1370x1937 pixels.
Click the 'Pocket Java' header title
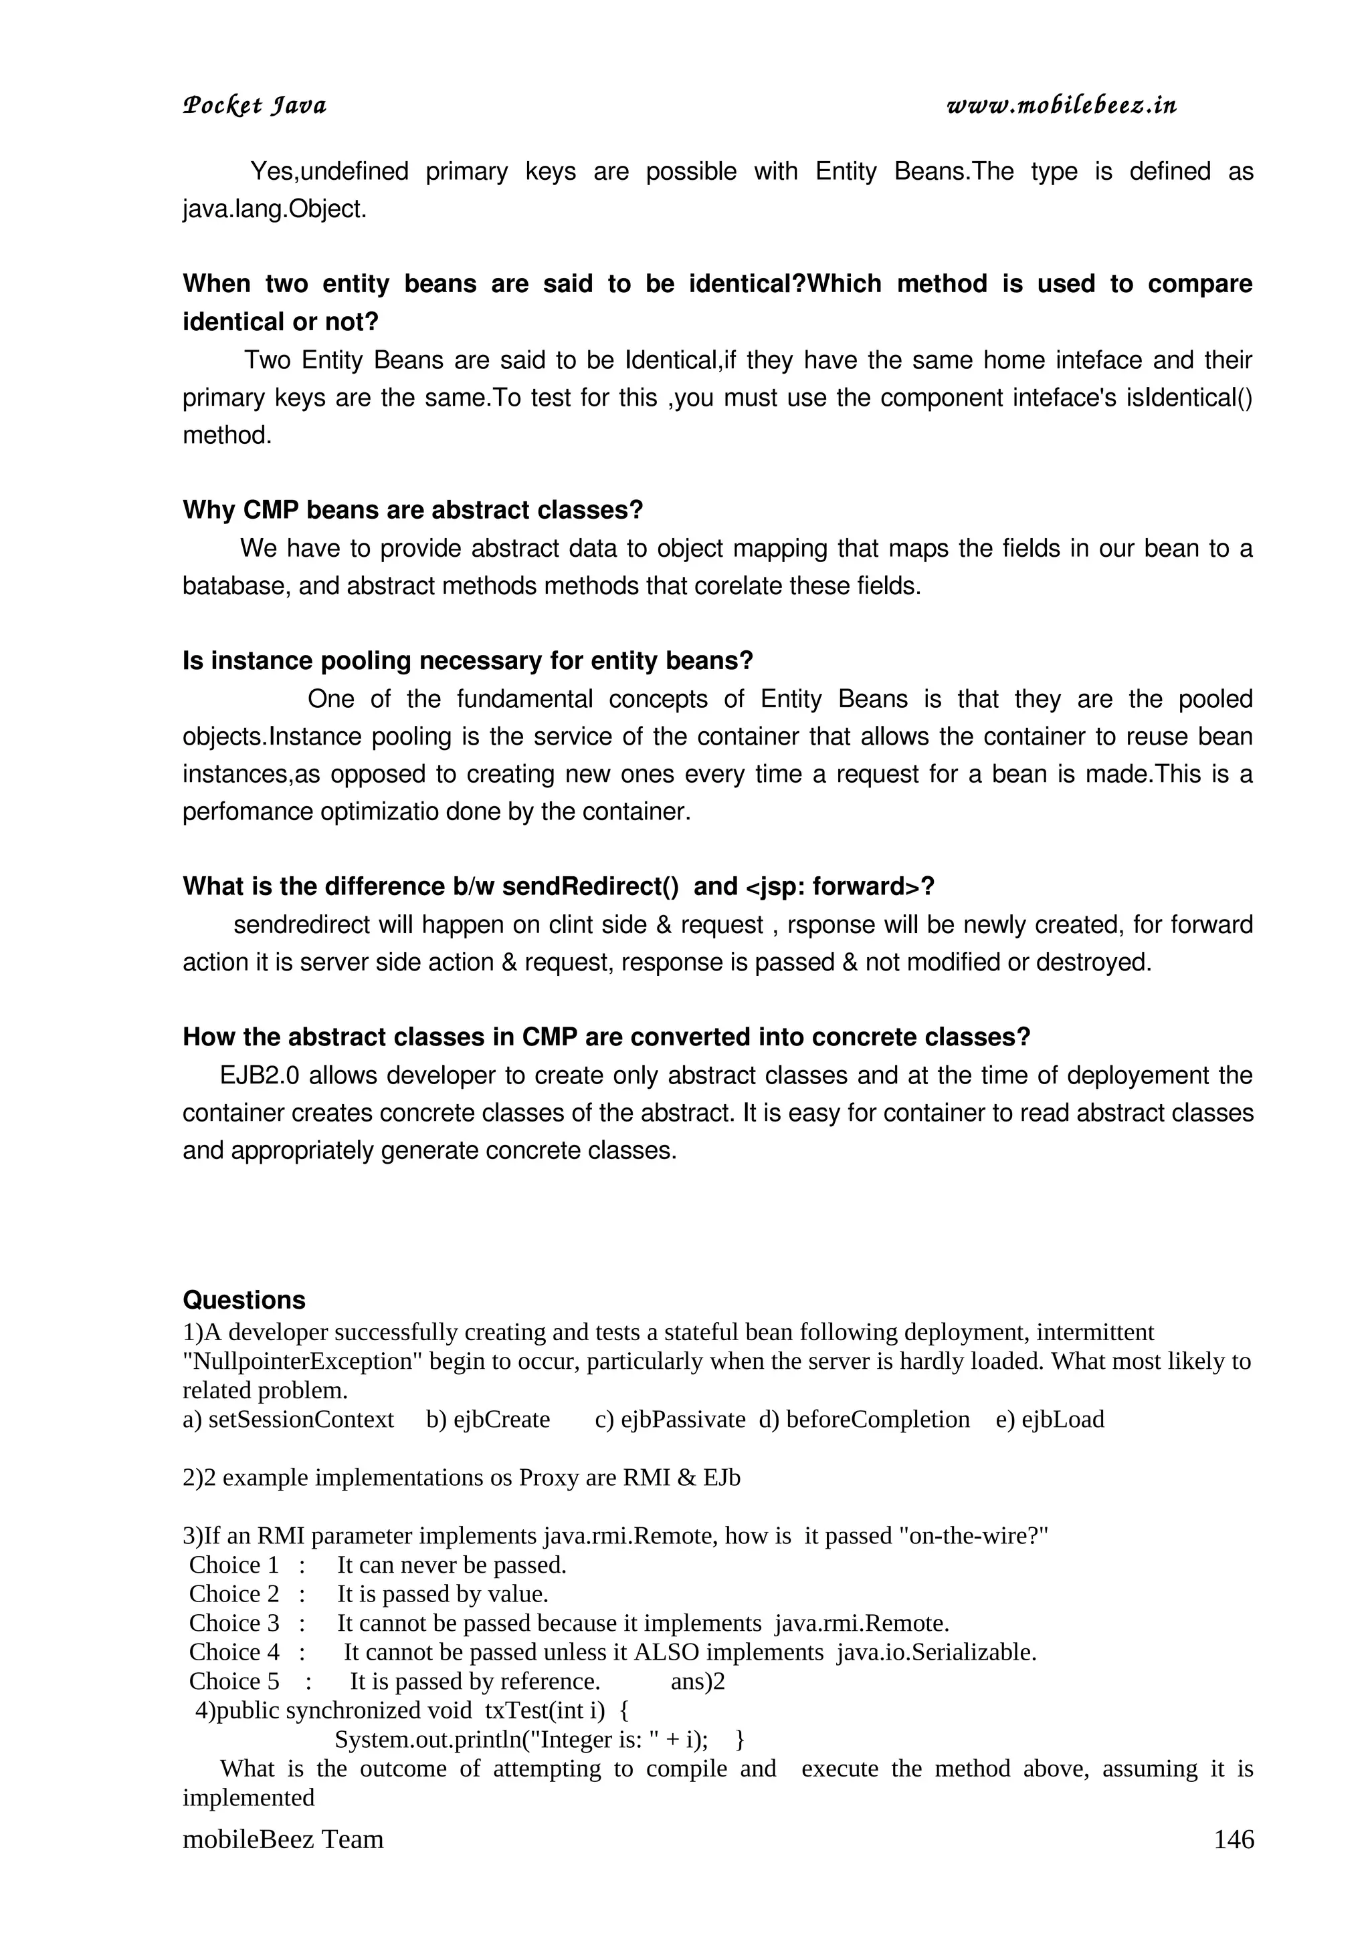click(x=254, y=106)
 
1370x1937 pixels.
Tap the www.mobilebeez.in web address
click(x=1061, y=106)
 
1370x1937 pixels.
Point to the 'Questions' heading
click(x=244, y=1299)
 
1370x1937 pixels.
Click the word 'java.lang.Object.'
click(x=274, y=209)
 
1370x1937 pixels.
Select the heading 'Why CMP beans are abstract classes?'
click(x=413, y=511)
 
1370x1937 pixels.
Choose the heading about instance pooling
click(x=467, y=660)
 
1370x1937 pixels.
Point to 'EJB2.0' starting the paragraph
click(x=260, y=1075)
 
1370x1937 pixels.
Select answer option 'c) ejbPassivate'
click(x=670, y=1419)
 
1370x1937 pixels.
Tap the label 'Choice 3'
click(x=234, y=1622)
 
